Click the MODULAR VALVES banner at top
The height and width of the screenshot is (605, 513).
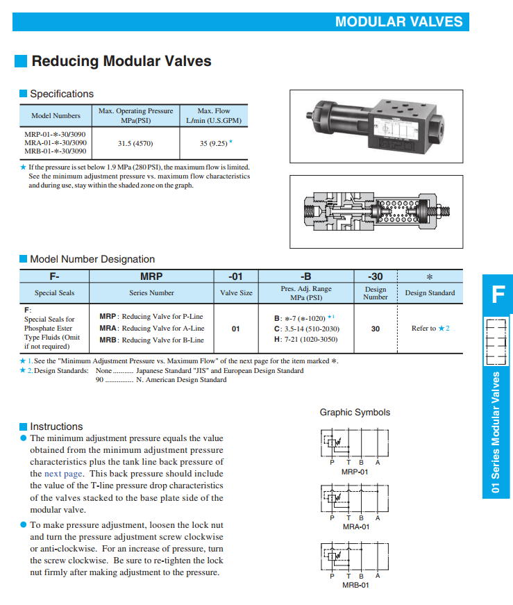coord(398,22)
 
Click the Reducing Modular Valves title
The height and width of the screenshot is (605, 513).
coord(121,61)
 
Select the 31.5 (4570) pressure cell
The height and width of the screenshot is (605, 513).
coord(135,143)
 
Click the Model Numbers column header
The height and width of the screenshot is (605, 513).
coord(56,115)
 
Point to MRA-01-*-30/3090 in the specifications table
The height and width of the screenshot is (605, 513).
coord(56,142)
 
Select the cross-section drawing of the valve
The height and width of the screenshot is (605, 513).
coord(376,211)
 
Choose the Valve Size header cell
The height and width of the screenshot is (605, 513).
coord(236,293)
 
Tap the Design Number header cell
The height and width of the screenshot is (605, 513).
coord(376,293)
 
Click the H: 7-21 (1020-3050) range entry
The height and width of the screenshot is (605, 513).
coord(306,339)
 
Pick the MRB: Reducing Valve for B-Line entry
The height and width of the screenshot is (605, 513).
coord(151,340)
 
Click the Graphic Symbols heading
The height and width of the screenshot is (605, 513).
coord(355,412)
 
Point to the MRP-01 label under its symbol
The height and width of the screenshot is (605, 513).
coord(355,472)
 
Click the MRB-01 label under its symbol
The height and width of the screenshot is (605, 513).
coord(355,585)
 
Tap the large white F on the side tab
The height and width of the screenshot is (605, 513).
coord(498,295)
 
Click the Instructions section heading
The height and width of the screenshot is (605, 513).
coord(56,426)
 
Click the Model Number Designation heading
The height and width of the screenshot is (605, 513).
coord(92,259)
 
